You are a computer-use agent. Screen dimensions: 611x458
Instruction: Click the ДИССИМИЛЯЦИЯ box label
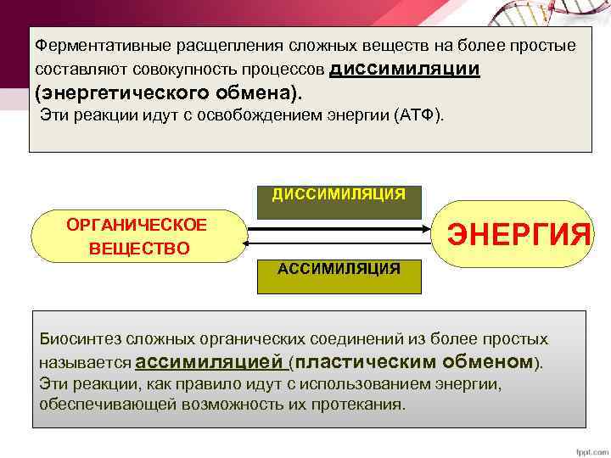tap(339, 194)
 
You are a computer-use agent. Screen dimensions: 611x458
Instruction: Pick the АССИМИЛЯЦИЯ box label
tap(339, 269)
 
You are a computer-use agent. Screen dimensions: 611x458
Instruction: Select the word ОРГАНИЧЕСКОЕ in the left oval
tap(137, 224)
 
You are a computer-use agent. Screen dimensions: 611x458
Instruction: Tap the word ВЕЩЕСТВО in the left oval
tap(138, 249)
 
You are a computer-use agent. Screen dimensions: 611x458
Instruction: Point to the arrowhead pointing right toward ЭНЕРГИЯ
tap(426, 228)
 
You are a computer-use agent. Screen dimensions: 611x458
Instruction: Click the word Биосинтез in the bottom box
tap(74, 338)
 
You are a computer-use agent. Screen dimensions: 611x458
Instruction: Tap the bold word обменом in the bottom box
tap(485, 362)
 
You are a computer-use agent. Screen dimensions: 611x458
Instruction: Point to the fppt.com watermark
tap(589, 450)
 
